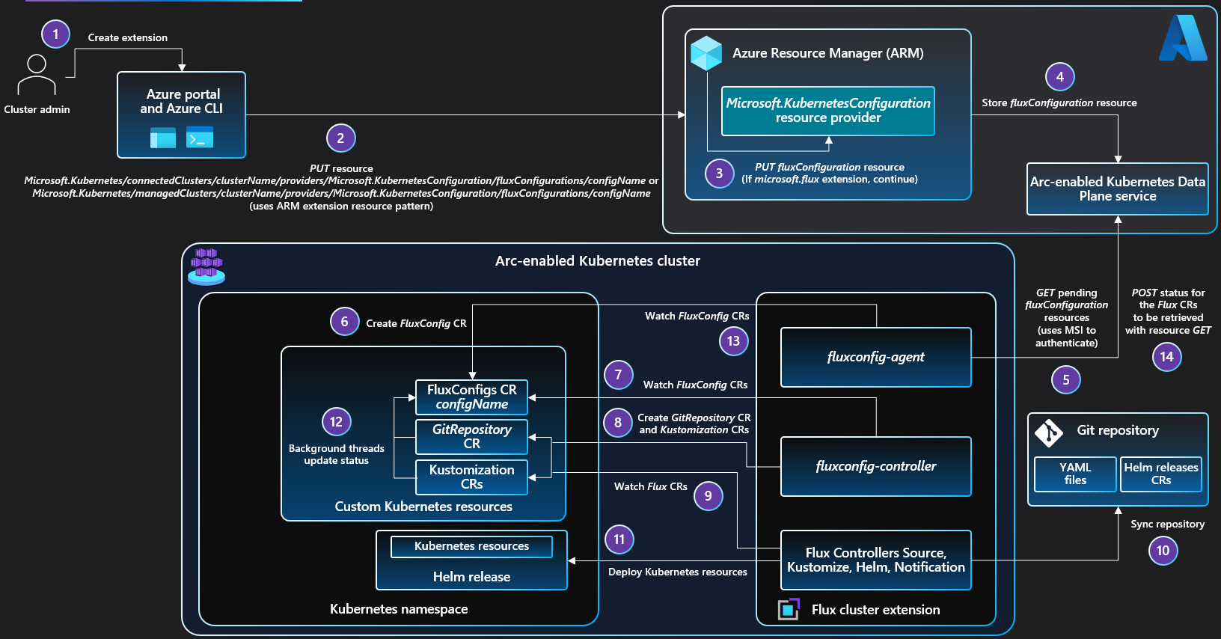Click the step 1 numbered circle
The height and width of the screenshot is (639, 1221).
[55, 34]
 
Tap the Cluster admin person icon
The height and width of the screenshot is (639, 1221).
[37, 74]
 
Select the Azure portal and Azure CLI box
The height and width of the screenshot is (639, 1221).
[182, 114]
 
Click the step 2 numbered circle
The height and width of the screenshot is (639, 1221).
[340, 138]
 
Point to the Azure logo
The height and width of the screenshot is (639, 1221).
[1182, 39]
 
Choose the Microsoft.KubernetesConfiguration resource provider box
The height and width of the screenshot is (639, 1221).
[828, 111]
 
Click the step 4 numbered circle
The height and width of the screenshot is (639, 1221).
[1059, 76]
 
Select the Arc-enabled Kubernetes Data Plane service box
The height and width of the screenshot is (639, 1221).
[1118, 189]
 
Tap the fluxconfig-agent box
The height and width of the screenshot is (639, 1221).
[875, 357]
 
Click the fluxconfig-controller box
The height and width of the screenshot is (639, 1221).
[875, 466]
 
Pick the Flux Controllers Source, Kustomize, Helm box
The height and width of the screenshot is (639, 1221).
[875, 560]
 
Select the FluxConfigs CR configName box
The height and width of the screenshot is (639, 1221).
[471, 397]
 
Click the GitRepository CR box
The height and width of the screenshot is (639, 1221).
[471, 437]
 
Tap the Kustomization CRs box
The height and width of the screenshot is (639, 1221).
[471, 477]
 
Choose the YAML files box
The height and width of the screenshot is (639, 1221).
[1075, 474]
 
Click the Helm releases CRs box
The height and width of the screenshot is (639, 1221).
[1160, 474]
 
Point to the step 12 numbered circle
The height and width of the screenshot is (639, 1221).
[336, 422]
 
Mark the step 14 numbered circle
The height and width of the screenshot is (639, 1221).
[1166, 357]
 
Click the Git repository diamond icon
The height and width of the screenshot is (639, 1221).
[1049, 432]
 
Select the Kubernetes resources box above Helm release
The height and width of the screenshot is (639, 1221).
[471, 547]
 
